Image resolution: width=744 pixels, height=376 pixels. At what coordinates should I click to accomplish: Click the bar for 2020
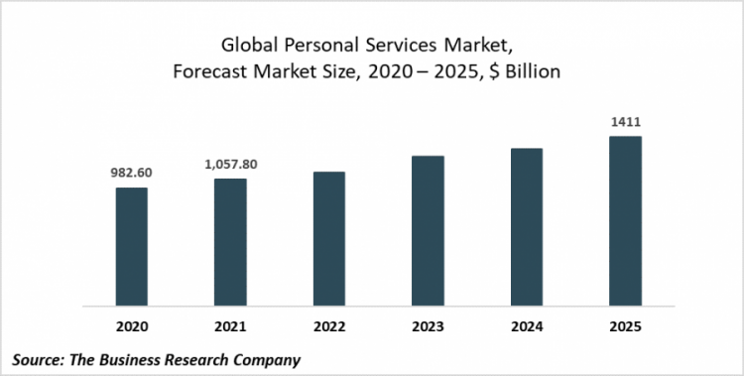pyautogui.click(x=131, y=245)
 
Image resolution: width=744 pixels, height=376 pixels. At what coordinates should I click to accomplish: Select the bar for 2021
pyautogui.click(x=230, y=241)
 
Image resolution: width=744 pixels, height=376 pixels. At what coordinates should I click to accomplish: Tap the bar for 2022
pyautogui.click(x=329, y=237)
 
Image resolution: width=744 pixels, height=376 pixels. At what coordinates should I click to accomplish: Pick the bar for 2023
pyautogui.click(x=428, y=229)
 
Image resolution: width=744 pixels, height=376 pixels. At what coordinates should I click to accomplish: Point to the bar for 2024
pyautogui.click(x=527, y=225)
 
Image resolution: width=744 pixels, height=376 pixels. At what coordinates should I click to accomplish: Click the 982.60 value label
pyautogui.click(x=131, y=172)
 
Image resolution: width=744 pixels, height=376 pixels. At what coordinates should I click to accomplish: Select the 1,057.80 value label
pyautogui.click(x=230, y=164)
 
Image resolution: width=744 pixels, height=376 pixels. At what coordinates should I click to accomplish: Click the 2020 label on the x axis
pyautogui.click(x=131, y=324)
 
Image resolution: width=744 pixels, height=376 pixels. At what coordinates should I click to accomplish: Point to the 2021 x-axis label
pyautogui.click(x=230, y=324)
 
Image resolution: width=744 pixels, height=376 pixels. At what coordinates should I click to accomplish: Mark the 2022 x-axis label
pyautogui.click(x=329, y=324)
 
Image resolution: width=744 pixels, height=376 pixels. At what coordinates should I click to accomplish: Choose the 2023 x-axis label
pyautogui.click(x=428, y=324)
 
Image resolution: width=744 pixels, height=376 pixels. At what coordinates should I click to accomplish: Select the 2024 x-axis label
pyautogui.click(x=527, y=324)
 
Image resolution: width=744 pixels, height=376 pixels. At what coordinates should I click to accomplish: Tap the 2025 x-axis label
pyautogui.click(x=625, y=324)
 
